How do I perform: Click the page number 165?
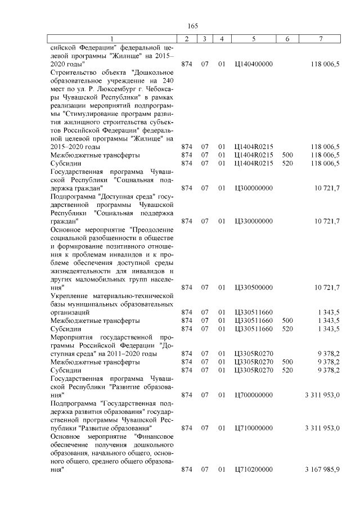pos(192,26)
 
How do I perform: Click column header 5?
pos(254,39)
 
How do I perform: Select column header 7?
pos(320,39)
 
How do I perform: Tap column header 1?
pos(112,39)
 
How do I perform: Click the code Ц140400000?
pos(253,64)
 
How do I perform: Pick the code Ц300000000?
pos(253,187)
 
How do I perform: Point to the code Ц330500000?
pos(253,287)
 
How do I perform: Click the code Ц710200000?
pos(253,469)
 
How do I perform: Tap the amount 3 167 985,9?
pos(322,469)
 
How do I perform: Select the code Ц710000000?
pos(253,428)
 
